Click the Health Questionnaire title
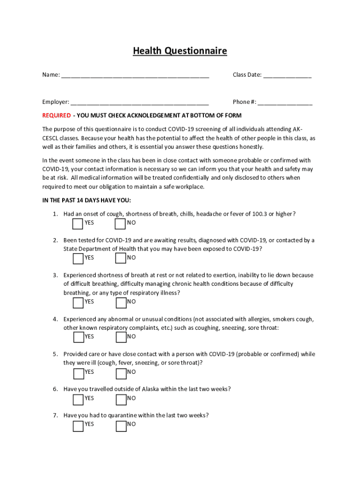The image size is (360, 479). click(180, 51)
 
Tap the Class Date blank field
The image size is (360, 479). click(287, 75)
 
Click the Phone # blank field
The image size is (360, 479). click(285, 102)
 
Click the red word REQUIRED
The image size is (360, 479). click(57, 116)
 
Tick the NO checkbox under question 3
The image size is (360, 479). click(121, 302)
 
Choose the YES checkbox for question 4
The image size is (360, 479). click(79, 337)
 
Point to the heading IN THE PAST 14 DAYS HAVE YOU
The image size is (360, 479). click(86, 200)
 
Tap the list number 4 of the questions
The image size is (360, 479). click(55, 319)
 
